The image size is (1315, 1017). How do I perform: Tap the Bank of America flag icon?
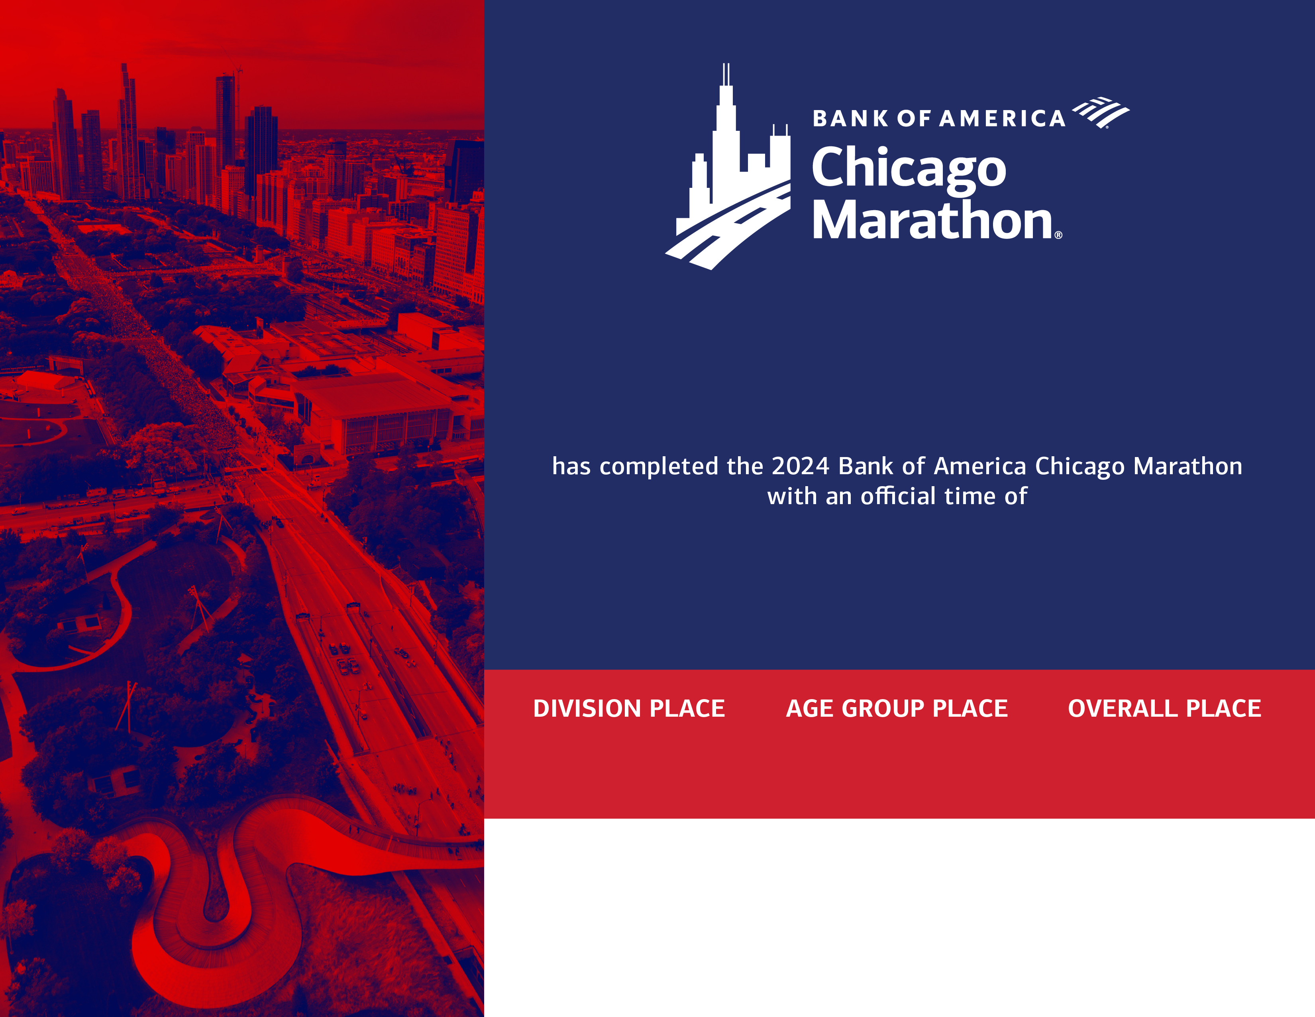coord(1101,112)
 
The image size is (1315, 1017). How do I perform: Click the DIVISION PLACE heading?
coord(628,709)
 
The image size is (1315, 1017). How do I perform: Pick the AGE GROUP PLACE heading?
coord(897,709)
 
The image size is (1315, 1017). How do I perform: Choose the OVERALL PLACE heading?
coord(1164,709)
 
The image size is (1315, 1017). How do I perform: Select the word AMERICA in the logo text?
coord(1002,119)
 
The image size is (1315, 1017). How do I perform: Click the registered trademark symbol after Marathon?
coord(1058,235)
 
